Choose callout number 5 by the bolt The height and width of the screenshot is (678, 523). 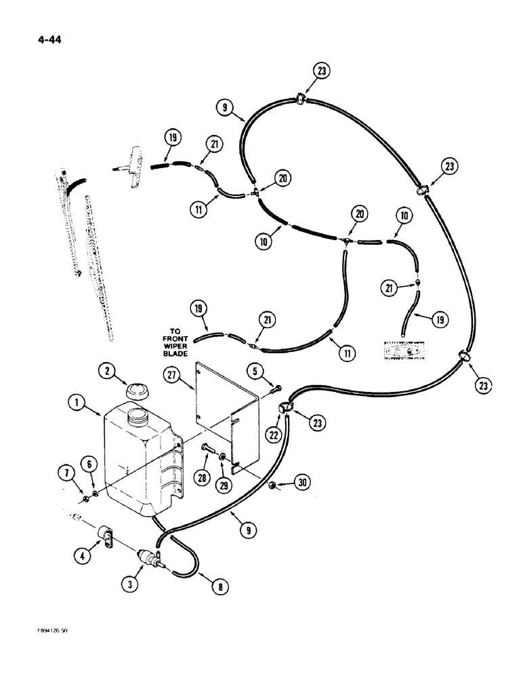(253, 371)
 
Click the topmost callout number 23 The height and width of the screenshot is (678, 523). (322, 71)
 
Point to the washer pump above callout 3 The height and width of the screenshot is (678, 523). (148, 557)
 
